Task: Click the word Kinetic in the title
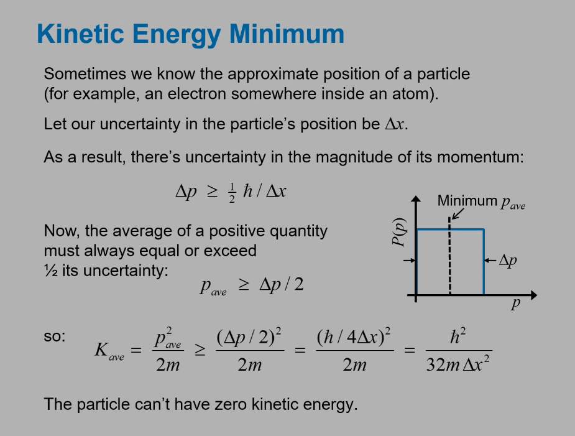point(81,34)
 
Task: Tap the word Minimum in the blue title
point(287,34)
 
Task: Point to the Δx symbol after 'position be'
point(395,124)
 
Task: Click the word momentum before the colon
point(478,157)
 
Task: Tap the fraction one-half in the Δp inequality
point(232,193)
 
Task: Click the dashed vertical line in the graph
point(449,256)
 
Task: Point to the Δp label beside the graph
point(508,261)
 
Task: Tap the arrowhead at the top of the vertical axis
point(416,198)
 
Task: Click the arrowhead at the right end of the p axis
point(534,295)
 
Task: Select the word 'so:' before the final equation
point(55,336)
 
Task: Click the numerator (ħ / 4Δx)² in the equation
point(354,336)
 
